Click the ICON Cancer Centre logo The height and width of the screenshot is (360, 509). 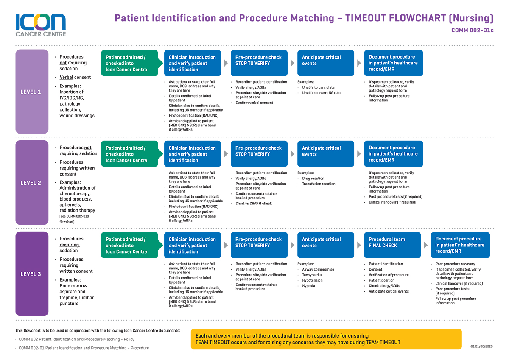pos(41,25)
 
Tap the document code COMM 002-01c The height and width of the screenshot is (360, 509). pos(472,30)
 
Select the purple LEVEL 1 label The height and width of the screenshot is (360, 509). pos(32,92)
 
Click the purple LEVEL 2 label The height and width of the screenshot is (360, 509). pos(32,183)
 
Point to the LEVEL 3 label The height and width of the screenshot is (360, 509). pos(32,273)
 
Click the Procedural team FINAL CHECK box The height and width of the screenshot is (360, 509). pos(392,245)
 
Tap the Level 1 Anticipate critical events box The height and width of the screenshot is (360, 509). pos(326,63)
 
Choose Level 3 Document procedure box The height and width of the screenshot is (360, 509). pos(460,245)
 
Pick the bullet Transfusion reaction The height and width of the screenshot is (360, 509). pos(319,184)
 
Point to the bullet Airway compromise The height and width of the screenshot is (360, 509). pos(318,269)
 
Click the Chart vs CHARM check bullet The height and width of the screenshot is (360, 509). pos(254,203)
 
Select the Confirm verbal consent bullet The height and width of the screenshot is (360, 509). pos(254,103)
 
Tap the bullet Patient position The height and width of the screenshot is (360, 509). pos(381,280)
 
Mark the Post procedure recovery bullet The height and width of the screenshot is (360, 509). pos(455,264)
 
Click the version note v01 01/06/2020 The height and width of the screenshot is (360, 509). pos(481,346)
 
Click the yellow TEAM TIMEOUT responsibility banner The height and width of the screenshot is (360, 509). pos(326,339)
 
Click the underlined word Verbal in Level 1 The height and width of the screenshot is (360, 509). pos(66,77)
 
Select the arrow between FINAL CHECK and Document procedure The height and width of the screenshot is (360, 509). pos(426,245)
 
